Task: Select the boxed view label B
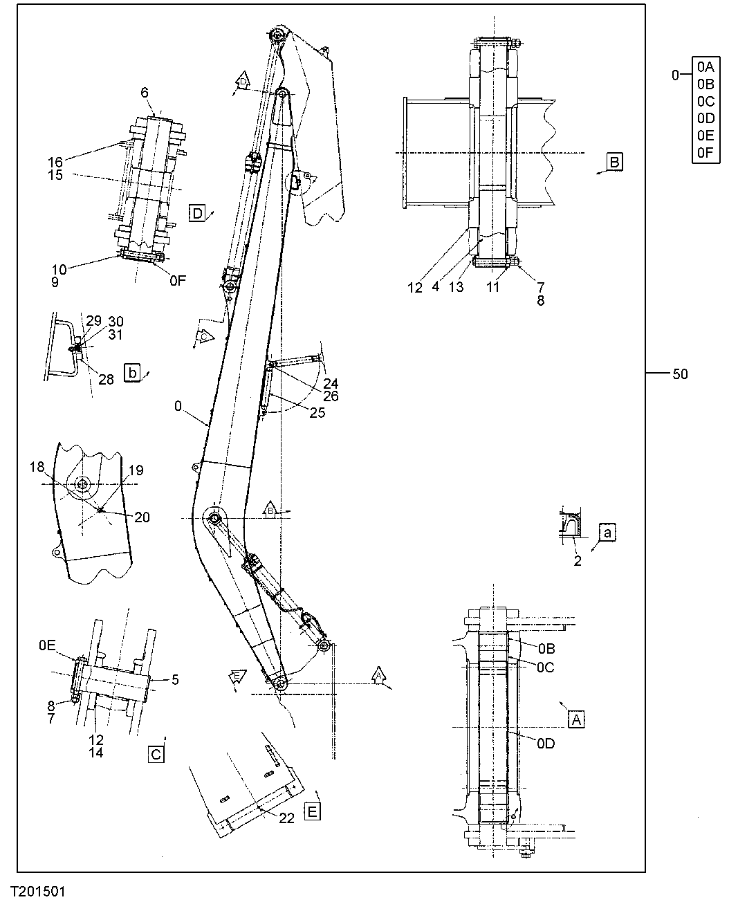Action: tap(614, 161)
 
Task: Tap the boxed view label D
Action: tap(198, 213)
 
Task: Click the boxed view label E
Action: tap(313, 811)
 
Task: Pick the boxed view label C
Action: tap(156, 754)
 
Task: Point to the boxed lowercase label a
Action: tap(607, 533)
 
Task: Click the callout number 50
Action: tap(680, 374)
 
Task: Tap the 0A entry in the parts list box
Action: tap(705, 67)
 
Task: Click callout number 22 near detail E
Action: tap(286, 818)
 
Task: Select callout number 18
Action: tap(37, 468)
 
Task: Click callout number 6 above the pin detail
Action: tap(145, 92)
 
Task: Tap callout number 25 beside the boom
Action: tap(317, 413)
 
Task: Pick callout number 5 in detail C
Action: tap(175, 680)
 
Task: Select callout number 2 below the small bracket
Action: tap(578, 561)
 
